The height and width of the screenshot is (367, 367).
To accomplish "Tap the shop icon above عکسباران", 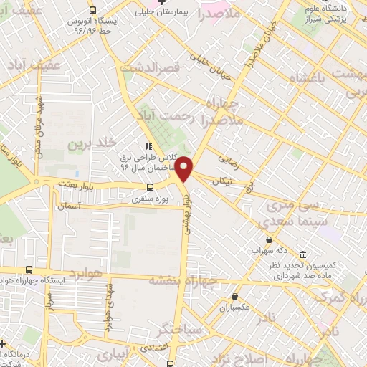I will (234, 296).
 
